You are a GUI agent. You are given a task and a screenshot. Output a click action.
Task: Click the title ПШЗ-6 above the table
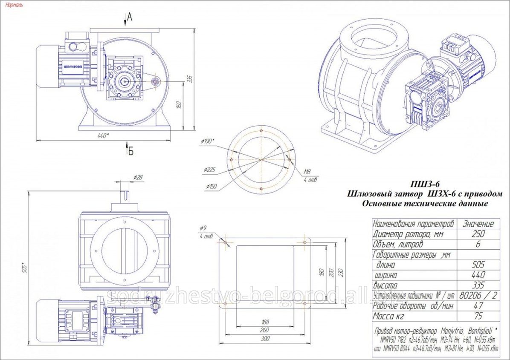click(424, 184)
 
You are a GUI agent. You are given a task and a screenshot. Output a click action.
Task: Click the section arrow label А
click(130, 17)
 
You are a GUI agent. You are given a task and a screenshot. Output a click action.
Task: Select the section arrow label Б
click(131, 150)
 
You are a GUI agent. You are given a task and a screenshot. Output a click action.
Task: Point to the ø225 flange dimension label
click(209, 170)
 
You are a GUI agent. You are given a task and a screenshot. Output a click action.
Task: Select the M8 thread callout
click(307, 172)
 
